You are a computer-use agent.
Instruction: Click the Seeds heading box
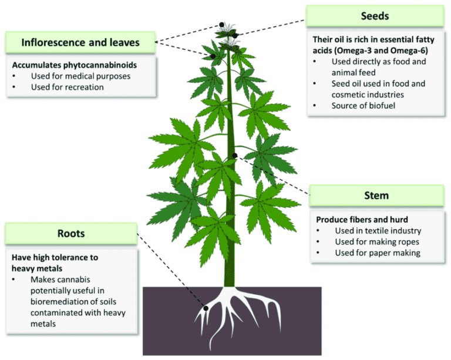[x=375, y=16]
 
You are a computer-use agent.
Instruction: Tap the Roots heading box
[x=71, y=234]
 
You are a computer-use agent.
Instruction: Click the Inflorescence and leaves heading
[x=80, y=42]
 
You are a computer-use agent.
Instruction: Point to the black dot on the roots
[x=206, y=307]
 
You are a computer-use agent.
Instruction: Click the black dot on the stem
[x=234, y=156]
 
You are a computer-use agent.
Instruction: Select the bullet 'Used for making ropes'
[x=378, y=242]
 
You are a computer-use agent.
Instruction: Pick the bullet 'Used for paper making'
[x=378, y=253]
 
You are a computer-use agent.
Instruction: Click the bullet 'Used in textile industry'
[x=378, y=231]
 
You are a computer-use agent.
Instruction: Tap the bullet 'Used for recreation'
[x=68, y=87]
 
